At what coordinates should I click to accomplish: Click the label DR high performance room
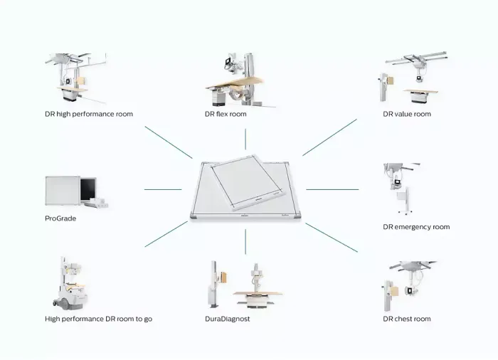point(89,114)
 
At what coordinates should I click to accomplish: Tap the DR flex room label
point(226,114)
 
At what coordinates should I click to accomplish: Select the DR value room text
point(407,114)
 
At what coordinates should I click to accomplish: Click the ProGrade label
point(60,218)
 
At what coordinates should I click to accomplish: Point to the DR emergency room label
point(416,227)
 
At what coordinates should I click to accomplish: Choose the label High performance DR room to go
point(98,319)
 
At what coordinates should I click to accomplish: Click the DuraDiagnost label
point(228,319)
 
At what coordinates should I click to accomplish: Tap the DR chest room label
point(407,319)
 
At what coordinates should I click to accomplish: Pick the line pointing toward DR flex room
point(245,139)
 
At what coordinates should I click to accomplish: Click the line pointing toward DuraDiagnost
point(245,241)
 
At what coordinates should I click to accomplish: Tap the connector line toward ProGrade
point(162,190)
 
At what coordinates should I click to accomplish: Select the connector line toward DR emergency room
point(332,190)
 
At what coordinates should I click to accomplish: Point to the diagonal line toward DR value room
point(329,137)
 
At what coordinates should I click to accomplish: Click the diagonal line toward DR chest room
point(332,238)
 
